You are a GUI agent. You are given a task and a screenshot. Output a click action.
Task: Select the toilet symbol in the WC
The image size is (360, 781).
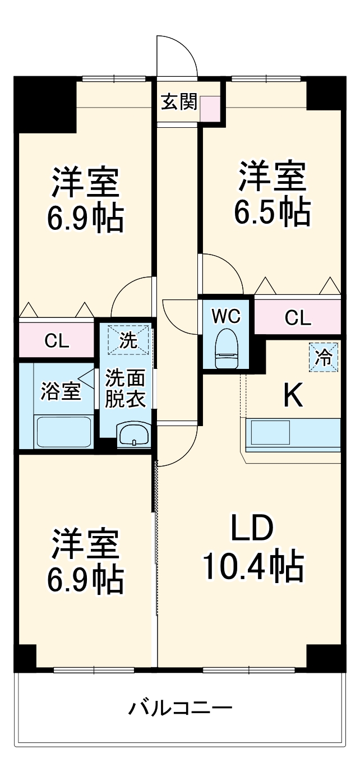point(227,348)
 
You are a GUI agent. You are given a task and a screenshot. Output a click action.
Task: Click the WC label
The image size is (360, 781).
point(226,316)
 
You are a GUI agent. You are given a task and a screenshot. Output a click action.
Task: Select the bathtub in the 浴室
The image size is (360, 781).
point(63,432)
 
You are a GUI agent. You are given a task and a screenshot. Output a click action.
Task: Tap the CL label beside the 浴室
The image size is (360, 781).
point(57,341)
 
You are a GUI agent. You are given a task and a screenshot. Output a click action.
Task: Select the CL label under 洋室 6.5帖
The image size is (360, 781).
point(297,318)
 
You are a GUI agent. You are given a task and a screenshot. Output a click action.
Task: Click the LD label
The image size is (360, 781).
point(252,528)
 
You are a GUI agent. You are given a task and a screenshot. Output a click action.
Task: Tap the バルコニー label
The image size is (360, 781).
point(180,708)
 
